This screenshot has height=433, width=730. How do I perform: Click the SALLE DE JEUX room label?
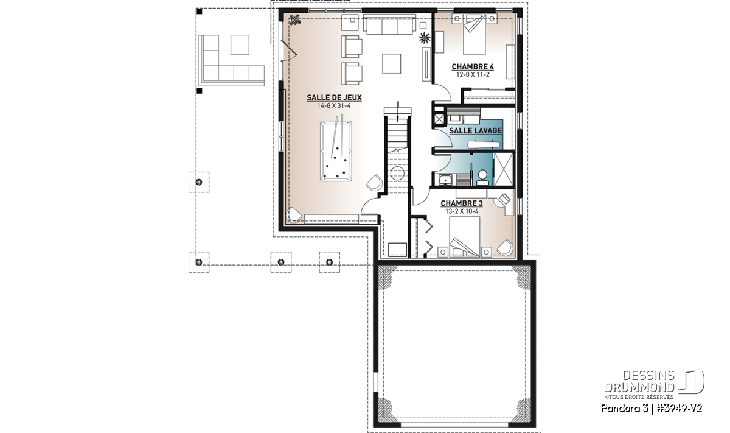334,97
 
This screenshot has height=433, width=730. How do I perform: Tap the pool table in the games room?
336,151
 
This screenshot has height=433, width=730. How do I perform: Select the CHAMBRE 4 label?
473,66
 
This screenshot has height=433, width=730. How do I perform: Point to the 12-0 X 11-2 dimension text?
473,75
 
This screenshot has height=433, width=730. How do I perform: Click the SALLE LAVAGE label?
475,130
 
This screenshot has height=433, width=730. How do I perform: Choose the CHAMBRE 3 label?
462,203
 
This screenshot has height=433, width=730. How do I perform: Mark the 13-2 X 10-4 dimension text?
462,211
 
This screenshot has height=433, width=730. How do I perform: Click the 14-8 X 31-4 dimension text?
334,106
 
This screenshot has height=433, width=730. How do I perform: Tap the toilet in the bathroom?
482,177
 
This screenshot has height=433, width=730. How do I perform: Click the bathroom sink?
445,180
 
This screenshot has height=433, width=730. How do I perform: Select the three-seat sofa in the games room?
389,24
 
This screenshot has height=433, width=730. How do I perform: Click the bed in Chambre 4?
474,34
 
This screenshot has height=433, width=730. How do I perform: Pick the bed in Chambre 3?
464,236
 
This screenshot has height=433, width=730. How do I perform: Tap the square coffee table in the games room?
391,63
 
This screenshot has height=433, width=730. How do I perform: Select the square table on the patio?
240,44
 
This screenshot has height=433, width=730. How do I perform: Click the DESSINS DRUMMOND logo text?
639,381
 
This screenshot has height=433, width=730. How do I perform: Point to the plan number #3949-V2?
680,409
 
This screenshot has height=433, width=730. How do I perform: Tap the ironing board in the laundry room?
484,144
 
